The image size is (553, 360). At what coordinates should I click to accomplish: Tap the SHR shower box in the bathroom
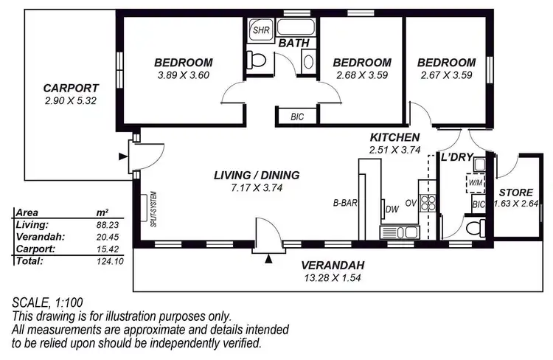(260, 32)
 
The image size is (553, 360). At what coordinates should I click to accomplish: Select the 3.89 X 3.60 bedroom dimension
(184, 75)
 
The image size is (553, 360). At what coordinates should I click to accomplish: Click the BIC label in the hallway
(296, 117)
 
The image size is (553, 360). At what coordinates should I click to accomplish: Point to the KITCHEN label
(394, 137)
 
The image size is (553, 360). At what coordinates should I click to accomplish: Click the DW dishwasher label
(392, 210)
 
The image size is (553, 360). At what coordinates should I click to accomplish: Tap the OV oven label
(411, 204)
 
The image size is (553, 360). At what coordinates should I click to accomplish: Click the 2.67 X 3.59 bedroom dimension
(447, 75)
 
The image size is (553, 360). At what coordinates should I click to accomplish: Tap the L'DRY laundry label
(455, 158)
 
